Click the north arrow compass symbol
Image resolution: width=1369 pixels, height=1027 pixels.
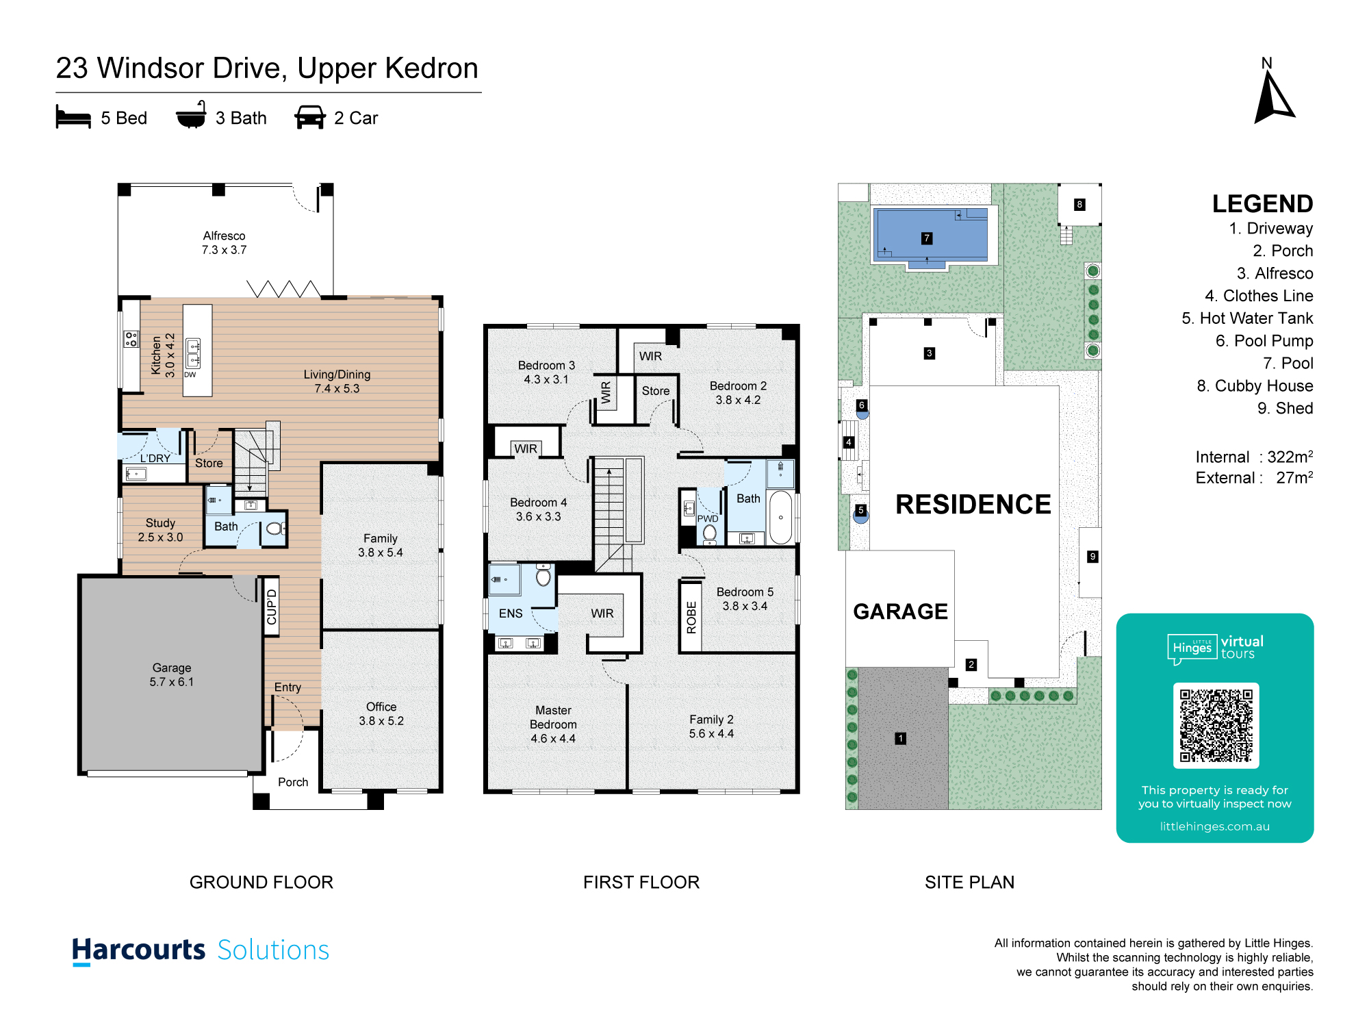click(x=1272, y=99)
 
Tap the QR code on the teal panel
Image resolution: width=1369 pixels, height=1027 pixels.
click(x=1216, y=726)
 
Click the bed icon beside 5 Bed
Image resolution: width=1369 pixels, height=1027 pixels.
click(x=73, y=117)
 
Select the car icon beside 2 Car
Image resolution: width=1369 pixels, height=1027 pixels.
click(x=310, y=117)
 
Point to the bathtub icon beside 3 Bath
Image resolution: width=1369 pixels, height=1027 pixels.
click(x=191, y=115)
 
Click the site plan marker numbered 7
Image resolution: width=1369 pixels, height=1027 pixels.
click(x=927, y=238)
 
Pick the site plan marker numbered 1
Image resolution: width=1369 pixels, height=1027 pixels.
click(x=901, y=739)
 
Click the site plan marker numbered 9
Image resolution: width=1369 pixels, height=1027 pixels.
click(x=1093, y=557)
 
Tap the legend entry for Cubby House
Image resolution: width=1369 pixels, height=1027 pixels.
click(x=1255, y=386)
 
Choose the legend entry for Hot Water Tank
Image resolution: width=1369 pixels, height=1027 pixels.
click(x=1247, y=318)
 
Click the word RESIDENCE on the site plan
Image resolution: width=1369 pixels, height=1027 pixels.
click(x=973, y=505)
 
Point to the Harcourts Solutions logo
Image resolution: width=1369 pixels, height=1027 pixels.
click(x=201, y=950)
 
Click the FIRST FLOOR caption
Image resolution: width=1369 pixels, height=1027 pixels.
click(x=641, y=883)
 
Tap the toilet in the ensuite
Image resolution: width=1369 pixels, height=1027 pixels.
click(x=543, y=575)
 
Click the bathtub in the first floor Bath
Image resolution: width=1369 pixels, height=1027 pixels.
click(x=780, y=518)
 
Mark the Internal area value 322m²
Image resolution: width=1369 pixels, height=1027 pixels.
click(x=1290, y=457)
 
